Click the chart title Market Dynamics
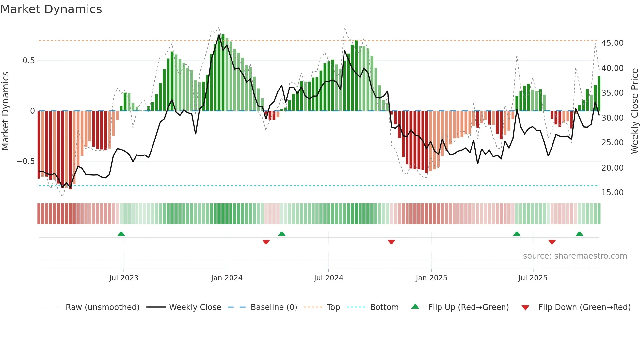coord(51,9)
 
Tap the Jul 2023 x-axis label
coord(124,278)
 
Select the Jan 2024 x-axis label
coord(227,278)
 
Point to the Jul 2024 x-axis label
coord(328,278)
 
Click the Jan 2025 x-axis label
coord(431,278)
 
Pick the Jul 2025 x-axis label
coord(533,278)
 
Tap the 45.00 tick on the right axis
coord(612,43)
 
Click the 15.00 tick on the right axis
coord(612,193)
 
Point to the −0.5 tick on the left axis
coord(25,161)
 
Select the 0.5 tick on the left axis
coord(28,61)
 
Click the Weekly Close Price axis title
coord(634,111)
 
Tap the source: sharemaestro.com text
coord(575,256)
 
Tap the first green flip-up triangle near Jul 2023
coord(121,234)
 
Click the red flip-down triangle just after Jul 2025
coord(552,242)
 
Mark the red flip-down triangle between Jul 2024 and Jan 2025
coord(391,242)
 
